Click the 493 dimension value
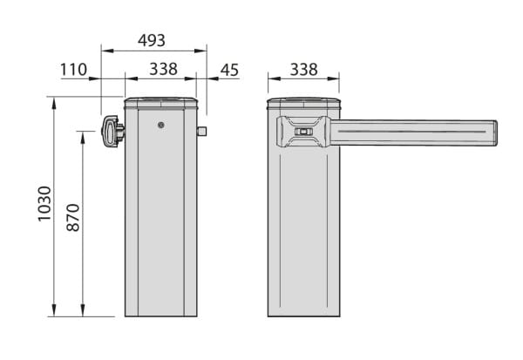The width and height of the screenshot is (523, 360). pyautogui.click(x=152, y=40)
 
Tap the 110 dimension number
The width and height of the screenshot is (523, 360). pyautogui.click(x=73, y=70)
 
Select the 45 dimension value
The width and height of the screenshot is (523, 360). pyautogui.click(x=230, y=70)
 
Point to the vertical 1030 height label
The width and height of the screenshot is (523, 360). pyautogui.click(x=44, y=203)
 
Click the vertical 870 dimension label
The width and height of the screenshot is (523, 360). pyautogui.click(x=73, y=218)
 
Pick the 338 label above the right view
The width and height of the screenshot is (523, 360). pyautogui.click(x=304, y=70)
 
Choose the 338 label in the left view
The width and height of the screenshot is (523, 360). pyautogui.click(x=163, y=70)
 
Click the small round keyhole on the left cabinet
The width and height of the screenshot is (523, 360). pyautogui.click(x=161, y=126)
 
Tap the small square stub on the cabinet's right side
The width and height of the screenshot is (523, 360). pyautogui.click(x=202, y=131)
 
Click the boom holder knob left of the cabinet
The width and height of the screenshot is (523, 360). pyautogui.click(x=112, y=132)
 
